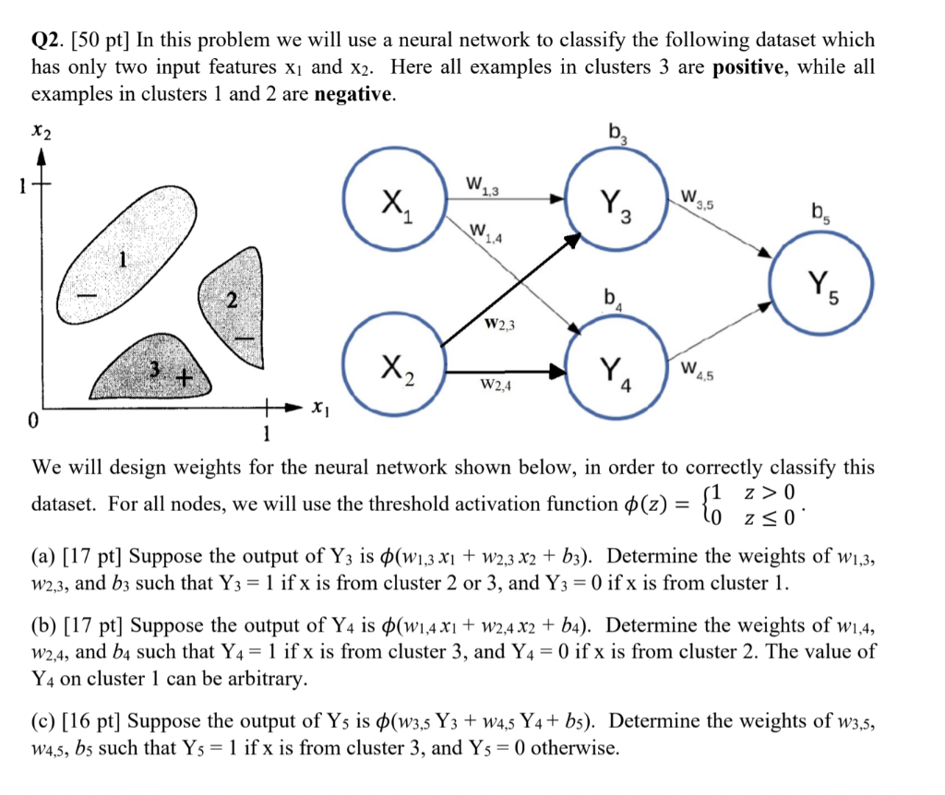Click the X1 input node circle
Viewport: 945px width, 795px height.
391,204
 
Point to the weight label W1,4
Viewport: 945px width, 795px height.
486,232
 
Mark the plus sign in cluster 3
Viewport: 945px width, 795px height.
185,378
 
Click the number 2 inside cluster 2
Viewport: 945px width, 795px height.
231,300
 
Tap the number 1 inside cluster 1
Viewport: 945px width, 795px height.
119,260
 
